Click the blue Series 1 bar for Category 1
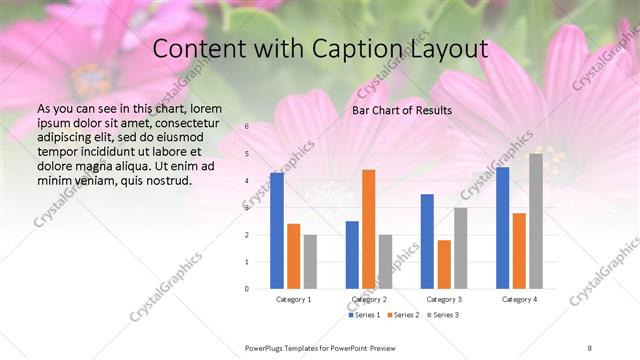click(x=277, y=231)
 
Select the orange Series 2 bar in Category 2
click(x=369, y=229)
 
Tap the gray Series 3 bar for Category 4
click(x=536, y=221)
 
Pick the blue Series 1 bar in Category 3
click(x=427, y=241)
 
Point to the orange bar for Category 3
click(x=444, y=264)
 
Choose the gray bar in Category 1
click(x=310, y=261)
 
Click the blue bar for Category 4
click(x=502, y=228)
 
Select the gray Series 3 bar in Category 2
click(x=385, y=261)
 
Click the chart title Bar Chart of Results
click(x=401, y=110)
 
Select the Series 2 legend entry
click(x=403, y=316)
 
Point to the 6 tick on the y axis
click(x=247, y=127)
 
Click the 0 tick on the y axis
click(x=247, y=289)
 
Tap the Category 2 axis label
click(x=369, y=299)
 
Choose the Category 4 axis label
click(x=519, y=299)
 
